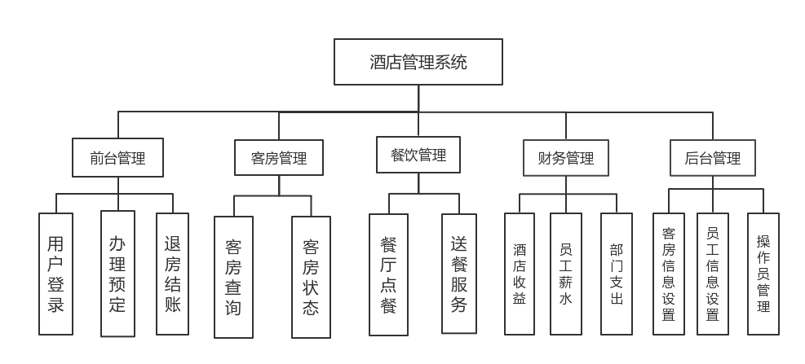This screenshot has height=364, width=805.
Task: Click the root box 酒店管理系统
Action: coord(418,62)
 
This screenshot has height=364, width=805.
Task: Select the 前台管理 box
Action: coord(118,158)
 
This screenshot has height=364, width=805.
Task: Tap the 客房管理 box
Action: coord(279,158)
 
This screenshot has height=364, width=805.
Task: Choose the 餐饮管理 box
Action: coord(418,155)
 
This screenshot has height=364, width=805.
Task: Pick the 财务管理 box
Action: coord(566,158)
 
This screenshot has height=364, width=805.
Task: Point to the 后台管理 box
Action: coord(712,158)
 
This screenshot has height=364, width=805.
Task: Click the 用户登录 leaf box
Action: coord(55,274)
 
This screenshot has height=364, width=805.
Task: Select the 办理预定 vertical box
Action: coord(117,274)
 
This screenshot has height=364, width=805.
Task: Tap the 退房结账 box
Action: coord(172,274)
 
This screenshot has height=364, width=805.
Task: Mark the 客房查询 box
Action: coord(233,277)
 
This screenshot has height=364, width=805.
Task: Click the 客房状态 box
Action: coord(311,277)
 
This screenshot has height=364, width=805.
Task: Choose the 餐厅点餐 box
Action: coord(388,274)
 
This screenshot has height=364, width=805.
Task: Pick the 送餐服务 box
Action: coord(458,274)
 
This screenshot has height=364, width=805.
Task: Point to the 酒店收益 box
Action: coord(520,274)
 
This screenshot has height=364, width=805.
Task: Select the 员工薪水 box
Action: coord(566,274)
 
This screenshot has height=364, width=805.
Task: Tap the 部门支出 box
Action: coord(616,274)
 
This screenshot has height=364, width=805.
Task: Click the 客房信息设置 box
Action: coord(669,274)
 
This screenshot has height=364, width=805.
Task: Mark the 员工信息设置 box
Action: coord(712,274)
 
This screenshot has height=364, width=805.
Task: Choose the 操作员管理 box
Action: coord(763,274)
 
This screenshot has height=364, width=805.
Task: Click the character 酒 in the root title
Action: coord(378,62)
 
